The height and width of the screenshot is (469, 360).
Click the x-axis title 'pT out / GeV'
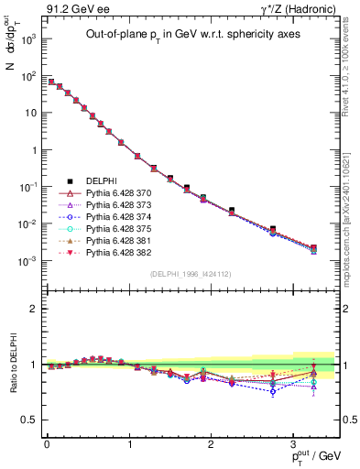[316, 455]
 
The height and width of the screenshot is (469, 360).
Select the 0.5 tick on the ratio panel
[30, 420]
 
